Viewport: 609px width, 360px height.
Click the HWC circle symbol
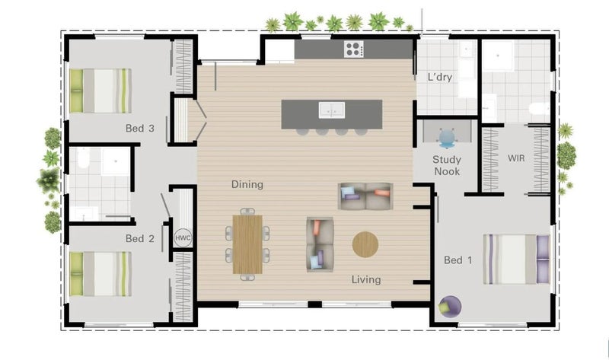click(183, 237)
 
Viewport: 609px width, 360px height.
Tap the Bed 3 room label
click(140, 128)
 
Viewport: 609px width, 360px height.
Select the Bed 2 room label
click(140, 238)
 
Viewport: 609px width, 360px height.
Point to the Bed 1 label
click(458, 260)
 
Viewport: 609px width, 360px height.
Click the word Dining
click(247, 184)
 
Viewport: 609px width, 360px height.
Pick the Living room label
click(366, 279)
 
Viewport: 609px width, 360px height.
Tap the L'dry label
click(440, 77)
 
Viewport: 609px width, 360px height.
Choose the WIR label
click(516, 158)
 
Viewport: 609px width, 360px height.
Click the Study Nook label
click(447, 165)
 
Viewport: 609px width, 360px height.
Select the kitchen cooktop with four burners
click(354, 49)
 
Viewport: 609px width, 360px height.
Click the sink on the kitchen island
click(332, 110)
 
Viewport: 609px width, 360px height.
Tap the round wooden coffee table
click(365, 244)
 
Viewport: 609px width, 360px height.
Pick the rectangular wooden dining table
click(248, 244)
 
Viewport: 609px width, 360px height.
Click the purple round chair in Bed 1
click(450, 307)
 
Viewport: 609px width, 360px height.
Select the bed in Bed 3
click(100, 91)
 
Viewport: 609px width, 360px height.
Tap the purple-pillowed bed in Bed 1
click(517, 260)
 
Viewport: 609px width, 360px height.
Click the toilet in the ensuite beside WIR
click(540, 108)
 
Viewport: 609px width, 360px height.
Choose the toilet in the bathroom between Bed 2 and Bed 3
click(83, 158)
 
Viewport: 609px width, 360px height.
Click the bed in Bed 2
click(100, 274)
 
